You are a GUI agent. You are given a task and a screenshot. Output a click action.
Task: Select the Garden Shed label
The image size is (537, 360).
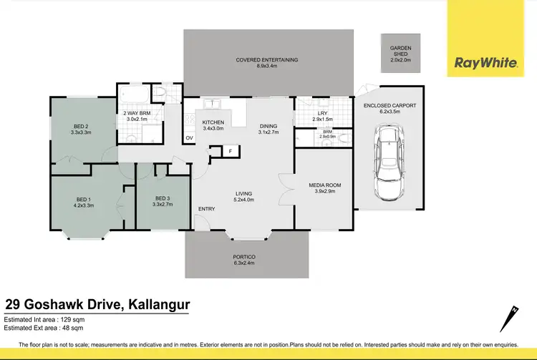pos(400,54)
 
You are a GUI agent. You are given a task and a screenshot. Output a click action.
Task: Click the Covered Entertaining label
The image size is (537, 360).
pos(267,63)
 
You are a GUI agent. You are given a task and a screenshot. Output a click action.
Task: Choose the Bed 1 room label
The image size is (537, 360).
pos(84,202)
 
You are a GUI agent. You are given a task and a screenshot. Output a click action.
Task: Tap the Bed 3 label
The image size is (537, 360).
pos(163,202)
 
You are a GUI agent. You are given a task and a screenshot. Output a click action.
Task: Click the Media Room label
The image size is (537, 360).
pos(324,188)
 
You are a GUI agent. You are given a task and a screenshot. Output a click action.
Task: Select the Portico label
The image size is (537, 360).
pos(244,259)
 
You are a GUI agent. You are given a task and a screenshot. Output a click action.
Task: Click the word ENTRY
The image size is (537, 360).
pos(206,208)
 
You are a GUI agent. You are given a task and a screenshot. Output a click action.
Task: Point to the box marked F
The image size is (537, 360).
pos(230,151)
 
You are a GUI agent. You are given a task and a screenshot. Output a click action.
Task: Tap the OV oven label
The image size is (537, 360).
pos(190,137)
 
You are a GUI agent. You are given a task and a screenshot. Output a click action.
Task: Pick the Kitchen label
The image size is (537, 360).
pos(213,125)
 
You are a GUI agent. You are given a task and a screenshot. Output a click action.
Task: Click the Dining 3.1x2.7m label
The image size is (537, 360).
pos(268,128)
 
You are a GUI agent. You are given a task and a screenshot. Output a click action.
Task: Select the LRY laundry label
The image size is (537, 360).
pos(323,117)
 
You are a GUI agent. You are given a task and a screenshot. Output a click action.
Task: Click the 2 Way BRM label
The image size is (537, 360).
pos(137,116)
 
